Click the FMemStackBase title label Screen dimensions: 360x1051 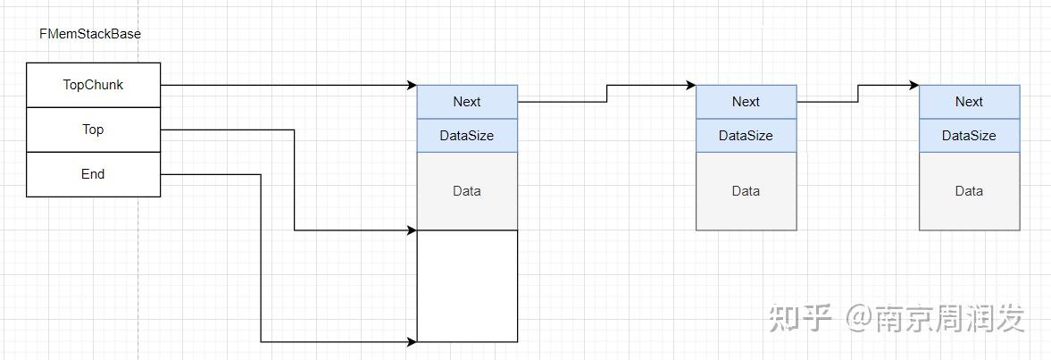point(90,34)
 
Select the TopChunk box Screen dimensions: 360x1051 point(93,85)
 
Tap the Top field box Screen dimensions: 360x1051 point(93,130)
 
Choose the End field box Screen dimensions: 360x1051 point(93,174)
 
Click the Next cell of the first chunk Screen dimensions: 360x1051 point(467,102)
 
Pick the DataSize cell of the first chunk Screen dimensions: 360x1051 point(467,136)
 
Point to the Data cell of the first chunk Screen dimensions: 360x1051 point(467,191)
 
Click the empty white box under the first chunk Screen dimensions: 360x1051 point(467,286)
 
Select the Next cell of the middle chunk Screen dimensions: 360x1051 point(746,102)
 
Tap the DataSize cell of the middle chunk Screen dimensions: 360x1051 point(746,136)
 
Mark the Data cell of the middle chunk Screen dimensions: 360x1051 point(746,191)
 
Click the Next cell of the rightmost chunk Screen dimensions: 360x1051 point(969,102)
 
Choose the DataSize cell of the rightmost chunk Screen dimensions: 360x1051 point(969,136)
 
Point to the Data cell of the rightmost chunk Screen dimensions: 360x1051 point(969,191)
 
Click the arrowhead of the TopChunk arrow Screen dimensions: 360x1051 point(412,86)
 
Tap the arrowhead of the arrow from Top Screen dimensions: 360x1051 point(412,230)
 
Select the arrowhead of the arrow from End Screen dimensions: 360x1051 point(412,341)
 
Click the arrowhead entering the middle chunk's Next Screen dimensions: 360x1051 point(690,86)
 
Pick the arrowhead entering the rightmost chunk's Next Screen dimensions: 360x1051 point(913,86)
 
